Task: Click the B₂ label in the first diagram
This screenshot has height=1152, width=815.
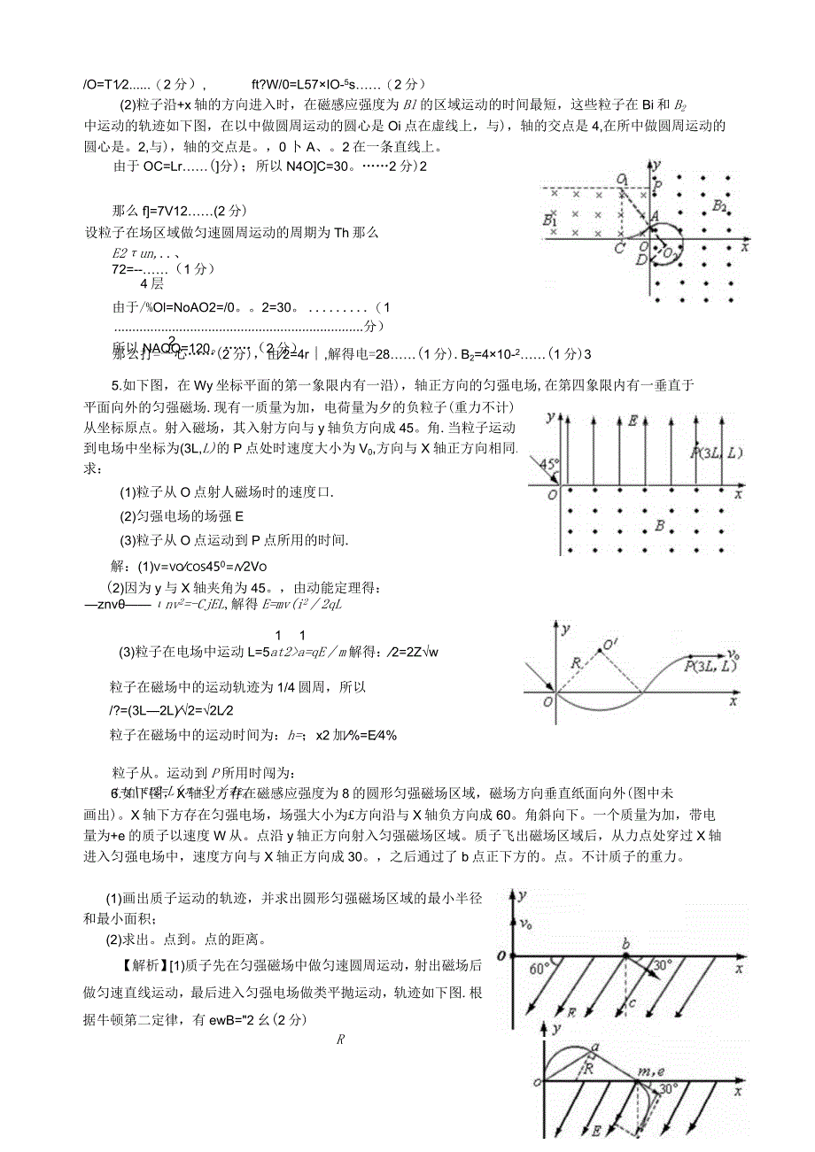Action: (718, 207)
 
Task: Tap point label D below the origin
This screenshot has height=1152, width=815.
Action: (641, 259)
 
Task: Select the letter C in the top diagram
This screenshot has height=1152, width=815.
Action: (619, 250)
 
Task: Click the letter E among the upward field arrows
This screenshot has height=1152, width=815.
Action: (633, 421)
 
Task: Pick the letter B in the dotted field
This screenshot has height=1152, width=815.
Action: (658, 525)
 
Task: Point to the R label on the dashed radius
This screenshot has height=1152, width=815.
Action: (576, 660)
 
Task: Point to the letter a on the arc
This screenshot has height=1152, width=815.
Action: (594, 1048)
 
